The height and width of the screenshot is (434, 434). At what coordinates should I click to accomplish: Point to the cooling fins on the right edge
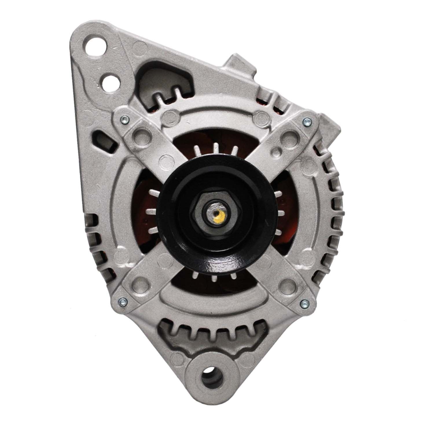[x=330, y=203]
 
